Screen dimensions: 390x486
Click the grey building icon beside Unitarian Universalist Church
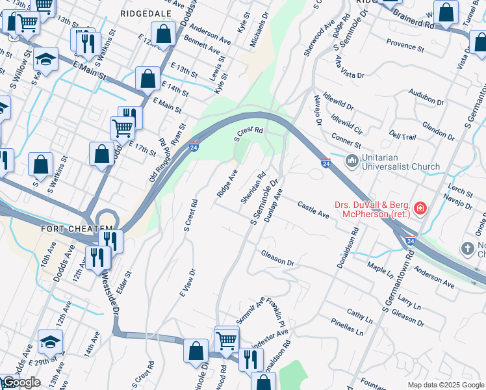pos(352,160)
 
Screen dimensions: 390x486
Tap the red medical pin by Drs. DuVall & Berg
pos(420,209)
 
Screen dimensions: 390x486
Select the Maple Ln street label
pos(381,267)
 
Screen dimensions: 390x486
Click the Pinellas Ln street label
pos(347,331)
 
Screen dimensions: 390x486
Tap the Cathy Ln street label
pos(359,317)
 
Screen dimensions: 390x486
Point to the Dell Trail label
pos(402,136)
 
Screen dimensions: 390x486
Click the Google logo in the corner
pos(21,382)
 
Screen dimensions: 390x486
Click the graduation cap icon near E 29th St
pos(51,341)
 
